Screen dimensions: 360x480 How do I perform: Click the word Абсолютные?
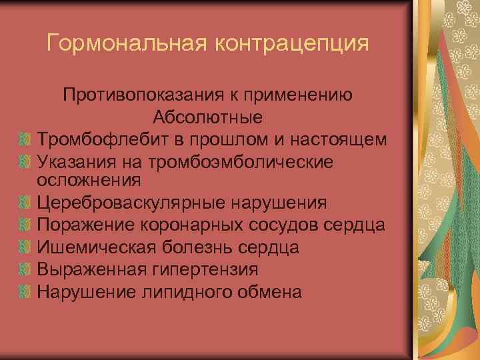pyautogui.click(x=207, y=117)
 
